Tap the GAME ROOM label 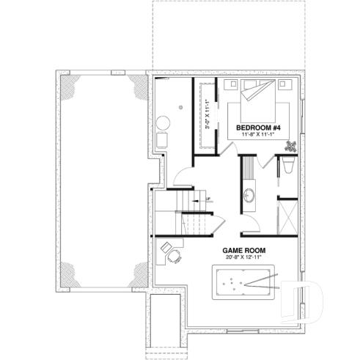[x=244, y=250]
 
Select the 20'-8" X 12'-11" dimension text [x=244, y=258]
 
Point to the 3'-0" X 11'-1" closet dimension [x=207, y=116]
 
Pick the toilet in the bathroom [x=287, y=168]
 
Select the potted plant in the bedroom [x=290, y=145]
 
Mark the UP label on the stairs [x=208, y=197]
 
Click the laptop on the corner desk [x=167, y=249]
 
